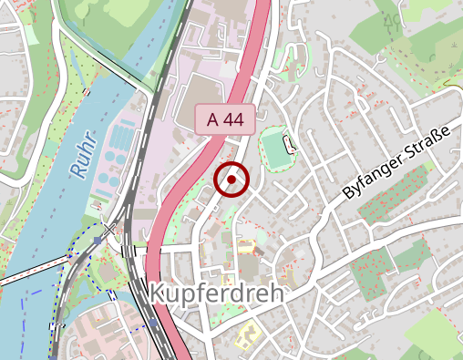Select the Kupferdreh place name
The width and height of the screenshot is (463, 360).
click(x=215, y=293)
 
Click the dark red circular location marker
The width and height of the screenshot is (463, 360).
click(x=232, y=179)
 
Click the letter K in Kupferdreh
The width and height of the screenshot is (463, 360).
click(x=154, y=293)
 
